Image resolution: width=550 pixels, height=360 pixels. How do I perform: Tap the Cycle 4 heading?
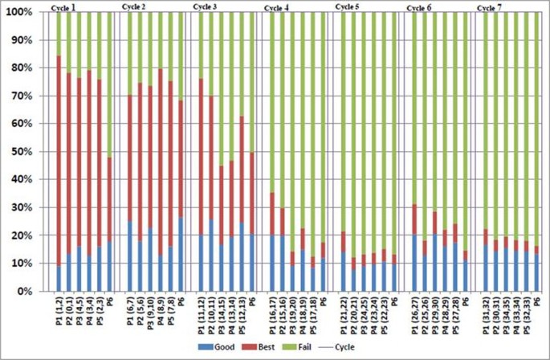point(276,7)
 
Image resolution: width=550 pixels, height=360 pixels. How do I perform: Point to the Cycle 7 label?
point(488,7)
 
